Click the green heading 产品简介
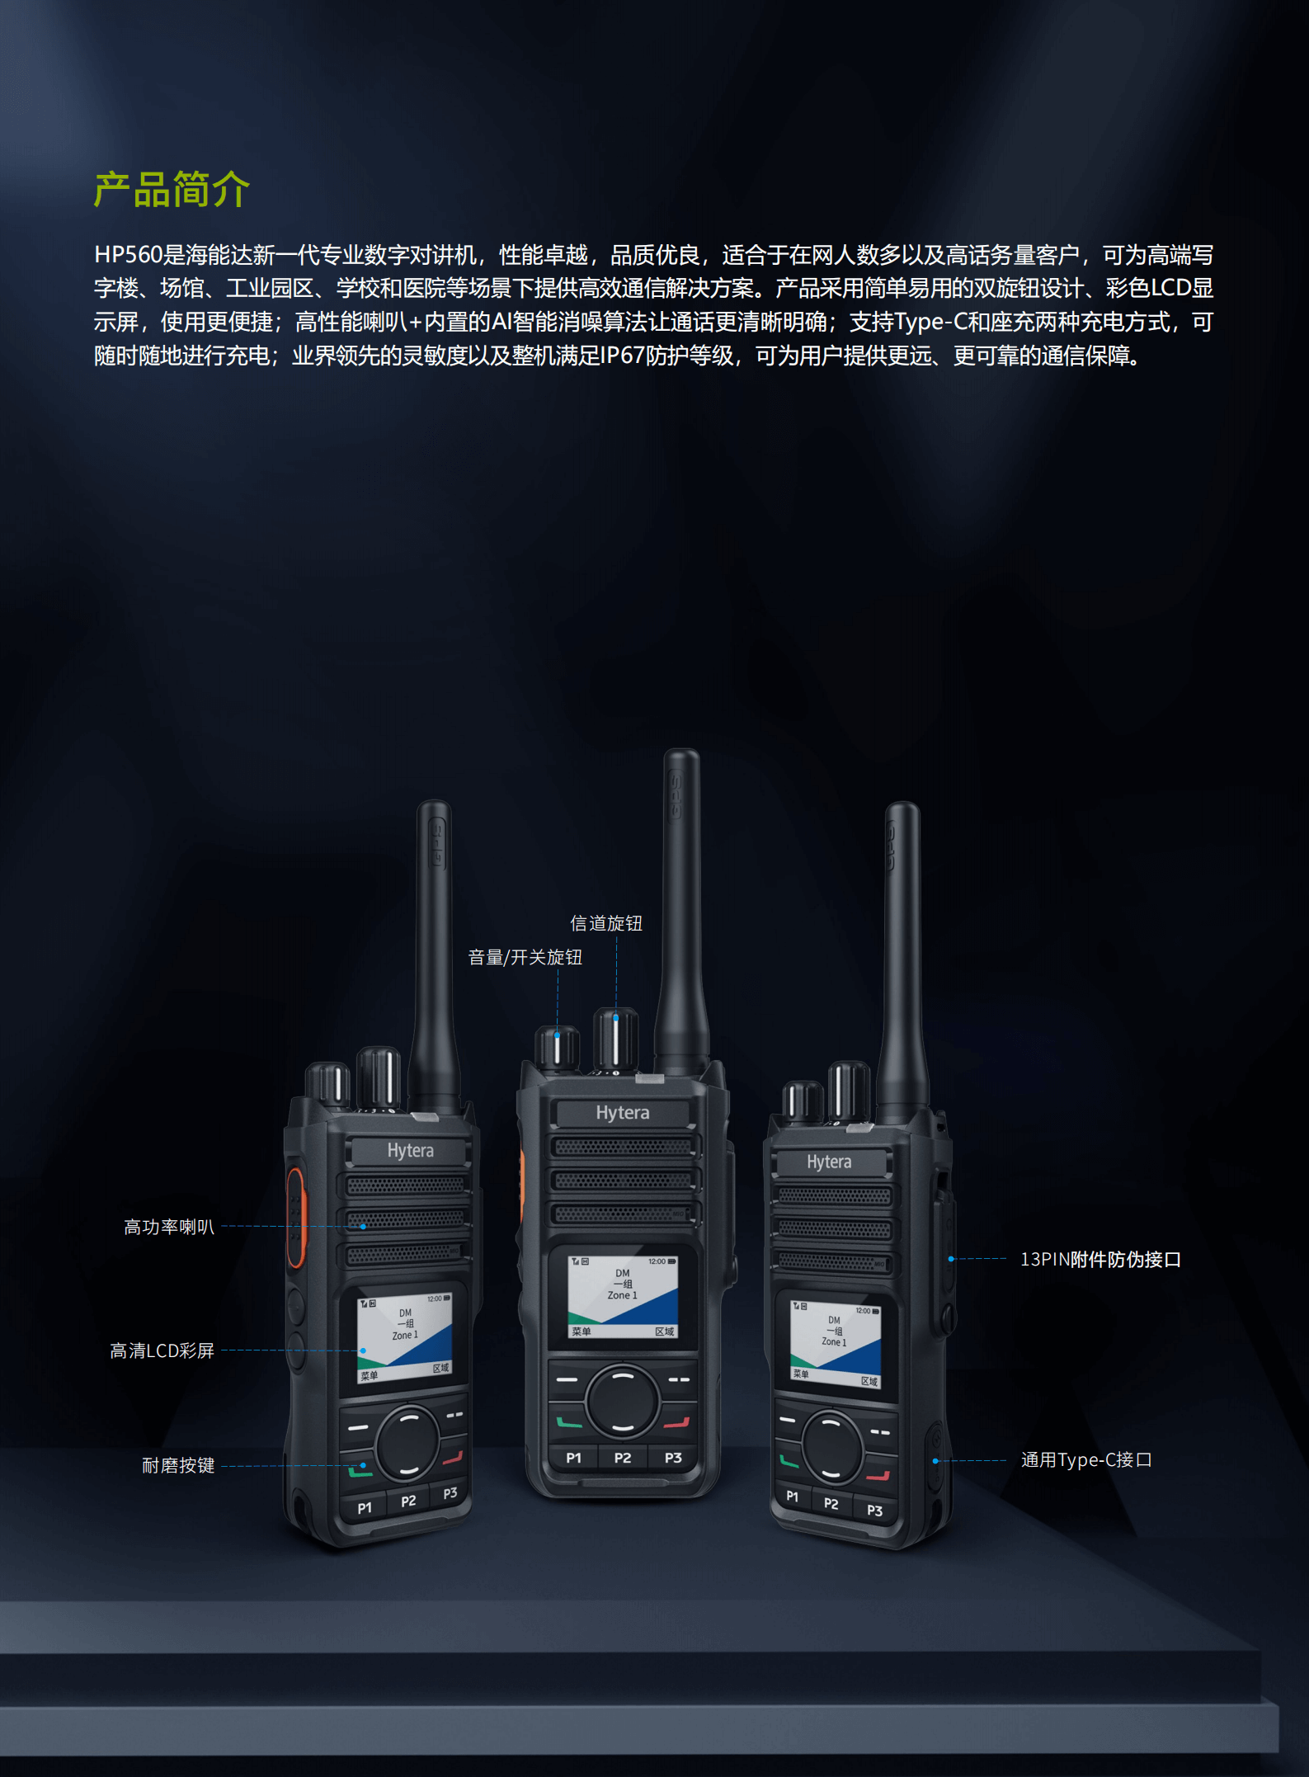click(172, 190)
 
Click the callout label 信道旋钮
click(606, 923)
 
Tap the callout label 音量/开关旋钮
click(525, 957)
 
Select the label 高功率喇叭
click(169, 1227)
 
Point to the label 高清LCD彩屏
click(162, 1350)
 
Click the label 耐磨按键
click(178, 1465)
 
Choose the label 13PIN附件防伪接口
click(1101, 1259)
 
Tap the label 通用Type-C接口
click(1086, 1459)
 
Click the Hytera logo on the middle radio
click(623, 1113)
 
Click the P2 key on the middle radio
click(623, 1458)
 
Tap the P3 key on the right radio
click(875, 1511)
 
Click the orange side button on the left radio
click(295, 1217)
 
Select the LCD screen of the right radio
click(836, 1343)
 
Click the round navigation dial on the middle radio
click(623, 1400)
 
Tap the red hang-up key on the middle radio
click(676, 1422)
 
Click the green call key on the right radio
click(789, 1462)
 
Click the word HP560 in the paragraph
click(129, 255)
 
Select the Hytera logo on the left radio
click(410, 1150)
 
